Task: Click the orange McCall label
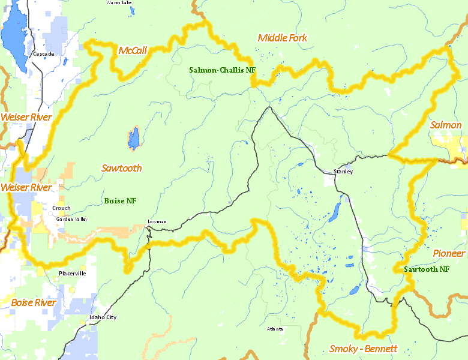(133, 50)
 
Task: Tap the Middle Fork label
(282, 38)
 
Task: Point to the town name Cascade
(43, 54)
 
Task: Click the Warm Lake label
(119, 3)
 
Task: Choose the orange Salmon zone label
(446, 125)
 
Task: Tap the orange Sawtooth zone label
(122, 168)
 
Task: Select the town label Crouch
(61, 208)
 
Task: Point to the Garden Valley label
(71, 219)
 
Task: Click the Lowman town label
(157, 222)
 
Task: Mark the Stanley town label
(343, 172)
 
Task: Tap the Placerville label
(72, 274)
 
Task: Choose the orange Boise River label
(34, 302)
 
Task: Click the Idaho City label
(103, 317)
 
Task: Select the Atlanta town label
(275, 329)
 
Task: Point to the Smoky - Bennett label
(363, 349)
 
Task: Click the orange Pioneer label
(449, 253)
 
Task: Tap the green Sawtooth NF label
(426, 269)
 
